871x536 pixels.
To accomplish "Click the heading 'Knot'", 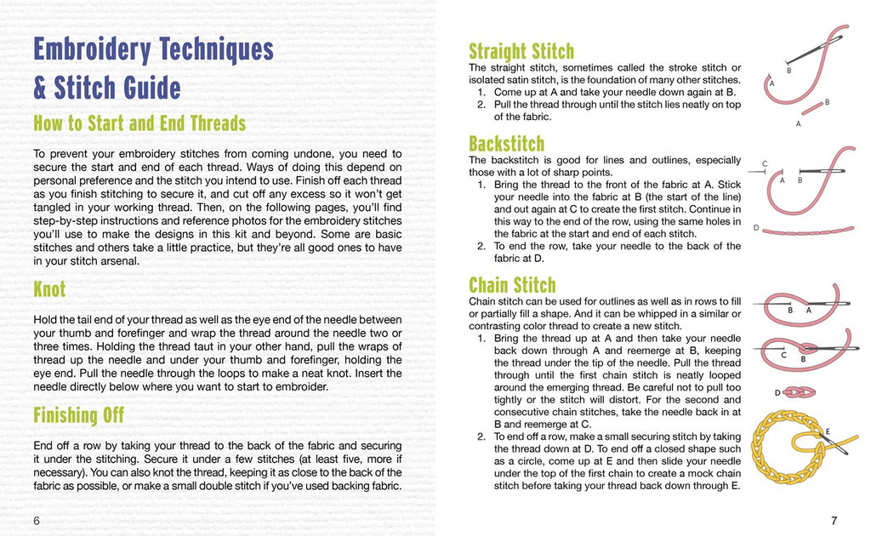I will pos(49,289).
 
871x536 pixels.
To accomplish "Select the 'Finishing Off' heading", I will pos(78,415).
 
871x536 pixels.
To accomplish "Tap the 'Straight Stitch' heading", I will pos(521,51).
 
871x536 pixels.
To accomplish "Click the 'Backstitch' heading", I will pos(506,143).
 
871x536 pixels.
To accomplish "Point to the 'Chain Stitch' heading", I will pos(512,285).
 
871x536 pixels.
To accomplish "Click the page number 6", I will pos(37,520).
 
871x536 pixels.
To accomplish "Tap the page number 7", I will pos(834,520).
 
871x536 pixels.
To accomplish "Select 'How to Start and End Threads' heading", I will pos(139,123).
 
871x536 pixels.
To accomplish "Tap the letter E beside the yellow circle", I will pos(827,431).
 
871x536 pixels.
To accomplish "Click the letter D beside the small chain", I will pos(777,392).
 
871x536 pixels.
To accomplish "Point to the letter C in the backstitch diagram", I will pos(765,163).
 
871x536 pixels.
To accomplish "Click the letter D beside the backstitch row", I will pos(756,228).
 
